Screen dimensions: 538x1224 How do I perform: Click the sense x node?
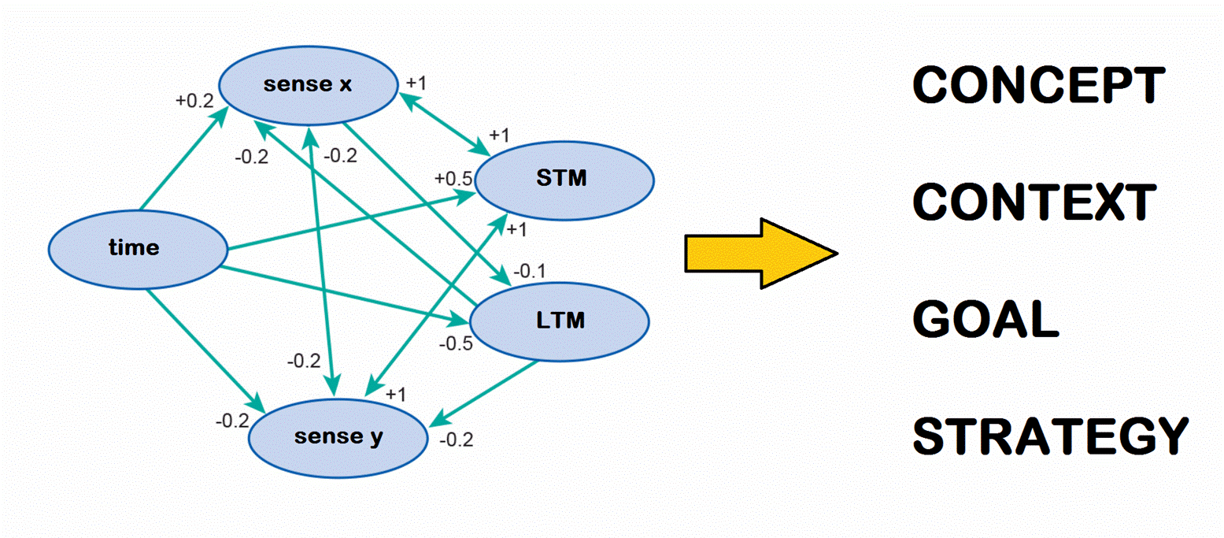[x=307, y=84]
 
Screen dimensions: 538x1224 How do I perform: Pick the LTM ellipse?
[x=559, y=321]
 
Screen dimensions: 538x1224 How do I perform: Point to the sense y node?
[x=338, y=436]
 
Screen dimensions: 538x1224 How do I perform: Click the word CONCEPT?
[x=1038, y=84]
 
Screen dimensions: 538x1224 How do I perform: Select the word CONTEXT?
[x=1034, y=203]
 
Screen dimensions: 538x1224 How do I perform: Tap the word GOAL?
[x=985, y=319]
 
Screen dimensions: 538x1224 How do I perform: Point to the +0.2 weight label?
[x=194, y=100]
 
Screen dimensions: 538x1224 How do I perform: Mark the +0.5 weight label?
[x=453, y=178]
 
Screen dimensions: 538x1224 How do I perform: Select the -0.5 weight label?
[x=456, y=343]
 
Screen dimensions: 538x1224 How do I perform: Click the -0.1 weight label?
[x=529, y=272]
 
